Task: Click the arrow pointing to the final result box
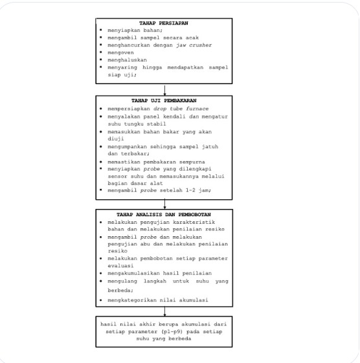point(165,311)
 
